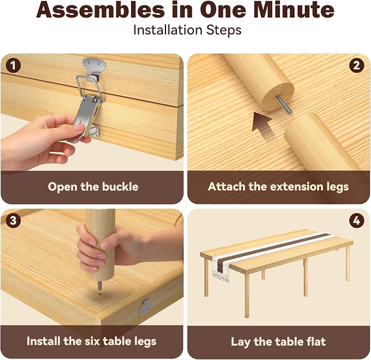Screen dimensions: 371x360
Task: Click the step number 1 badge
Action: coord(13,66)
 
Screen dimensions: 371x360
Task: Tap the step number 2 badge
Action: coord(357,66)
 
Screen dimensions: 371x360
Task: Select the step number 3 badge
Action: coord(13,221)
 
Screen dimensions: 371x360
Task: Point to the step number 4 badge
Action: coord(357,221)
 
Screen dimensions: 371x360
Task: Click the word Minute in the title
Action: coord(293,10)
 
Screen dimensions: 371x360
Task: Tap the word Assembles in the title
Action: coord(101,10)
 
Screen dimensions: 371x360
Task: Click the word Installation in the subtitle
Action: coord(168,30)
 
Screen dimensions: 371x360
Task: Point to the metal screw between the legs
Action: coord(283,105)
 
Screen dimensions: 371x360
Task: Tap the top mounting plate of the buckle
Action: coord(94,65)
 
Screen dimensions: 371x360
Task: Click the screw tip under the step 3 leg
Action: coord(100,286)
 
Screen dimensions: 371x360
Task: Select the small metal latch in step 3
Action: coord(144,307)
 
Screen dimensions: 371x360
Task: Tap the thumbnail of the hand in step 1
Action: coord(79,128)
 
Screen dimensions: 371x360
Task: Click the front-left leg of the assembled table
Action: coord(206,277)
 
